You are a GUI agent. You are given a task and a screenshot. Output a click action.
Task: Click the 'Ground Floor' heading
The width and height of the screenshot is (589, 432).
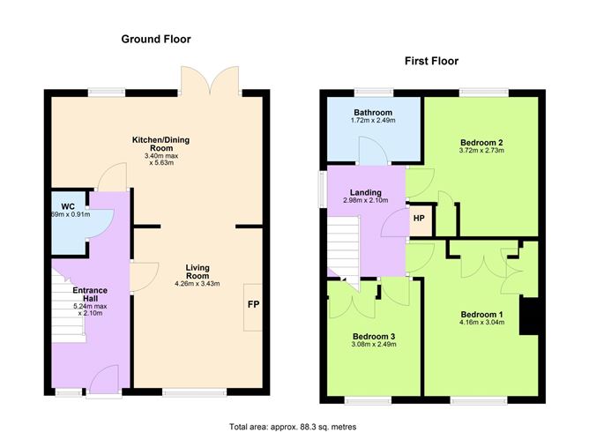point(155,39)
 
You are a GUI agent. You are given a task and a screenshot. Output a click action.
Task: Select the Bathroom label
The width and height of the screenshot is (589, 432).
point(373,113)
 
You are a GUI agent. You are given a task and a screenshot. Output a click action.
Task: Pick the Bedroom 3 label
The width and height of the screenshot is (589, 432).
point(375,336)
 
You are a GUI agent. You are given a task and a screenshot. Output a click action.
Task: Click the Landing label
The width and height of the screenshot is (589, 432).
point(365,192)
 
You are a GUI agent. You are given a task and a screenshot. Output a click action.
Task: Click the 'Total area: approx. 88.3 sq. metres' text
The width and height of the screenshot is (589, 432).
point(293,425)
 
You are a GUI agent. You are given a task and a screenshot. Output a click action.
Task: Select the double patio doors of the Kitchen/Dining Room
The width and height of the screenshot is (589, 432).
point(209,79)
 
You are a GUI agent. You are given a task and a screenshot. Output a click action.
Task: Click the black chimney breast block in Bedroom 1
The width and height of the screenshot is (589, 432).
point(531,316)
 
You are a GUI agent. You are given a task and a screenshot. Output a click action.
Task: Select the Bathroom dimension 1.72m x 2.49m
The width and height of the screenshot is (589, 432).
point(373,122)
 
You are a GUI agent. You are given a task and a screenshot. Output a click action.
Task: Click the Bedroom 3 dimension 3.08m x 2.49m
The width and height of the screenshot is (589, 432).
point(375,345)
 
